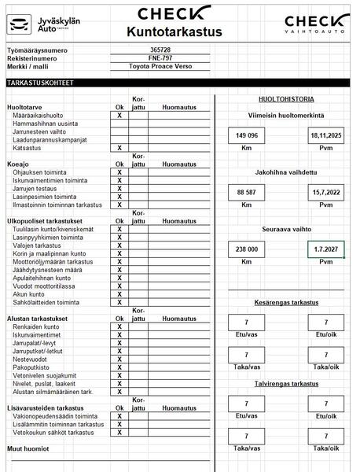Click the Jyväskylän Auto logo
[35, 24]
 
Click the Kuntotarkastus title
[174, 32]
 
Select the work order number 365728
[159, 50]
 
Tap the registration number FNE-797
[159, 58]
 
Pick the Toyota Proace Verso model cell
[159, 67]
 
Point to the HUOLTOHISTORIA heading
[286, 99]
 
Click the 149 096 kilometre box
[246, 136]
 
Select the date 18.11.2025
[325, 136]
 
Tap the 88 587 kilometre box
[246, 192]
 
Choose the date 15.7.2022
[325, 192]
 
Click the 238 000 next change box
[246, 249]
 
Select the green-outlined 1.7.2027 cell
[325, 249]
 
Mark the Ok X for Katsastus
[119, 148]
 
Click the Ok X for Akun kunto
[119, 294]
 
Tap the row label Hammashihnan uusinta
[45, 124]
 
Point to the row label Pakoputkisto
[31, 367]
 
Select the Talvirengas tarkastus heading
[286, 384]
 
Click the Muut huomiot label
[28, 449]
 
